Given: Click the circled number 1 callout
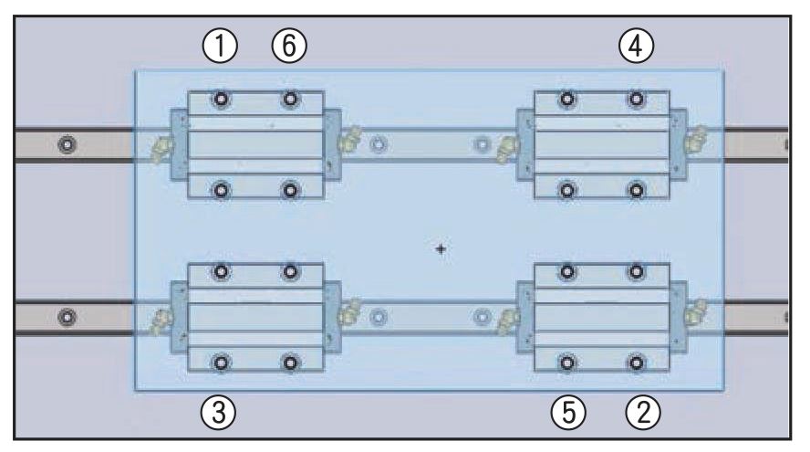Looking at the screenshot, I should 220,44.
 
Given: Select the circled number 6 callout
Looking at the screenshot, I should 289,44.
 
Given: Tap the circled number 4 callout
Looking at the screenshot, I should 636,44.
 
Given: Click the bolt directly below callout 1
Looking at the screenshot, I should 221,99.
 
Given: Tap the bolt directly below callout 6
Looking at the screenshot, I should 290,99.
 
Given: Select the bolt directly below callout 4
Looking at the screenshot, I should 637,99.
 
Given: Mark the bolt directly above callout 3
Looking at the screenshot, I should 221,363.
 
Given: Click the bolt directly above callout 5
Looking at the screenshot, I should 567,363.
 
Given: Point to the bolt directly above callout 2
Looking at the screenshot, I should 637,363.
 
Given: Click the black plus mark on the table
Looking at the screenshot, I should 441,247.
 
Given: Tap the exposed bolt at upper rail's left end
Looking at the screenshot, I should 65,144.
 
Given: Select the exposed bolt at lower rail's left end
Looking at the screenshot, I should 65,318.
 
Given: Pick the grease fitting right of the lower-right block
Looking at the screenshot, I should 699,310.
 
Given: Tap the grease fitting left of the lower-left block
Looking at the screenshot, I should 162,319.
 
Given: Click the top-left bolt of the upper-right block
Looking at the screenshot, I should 567,99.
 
